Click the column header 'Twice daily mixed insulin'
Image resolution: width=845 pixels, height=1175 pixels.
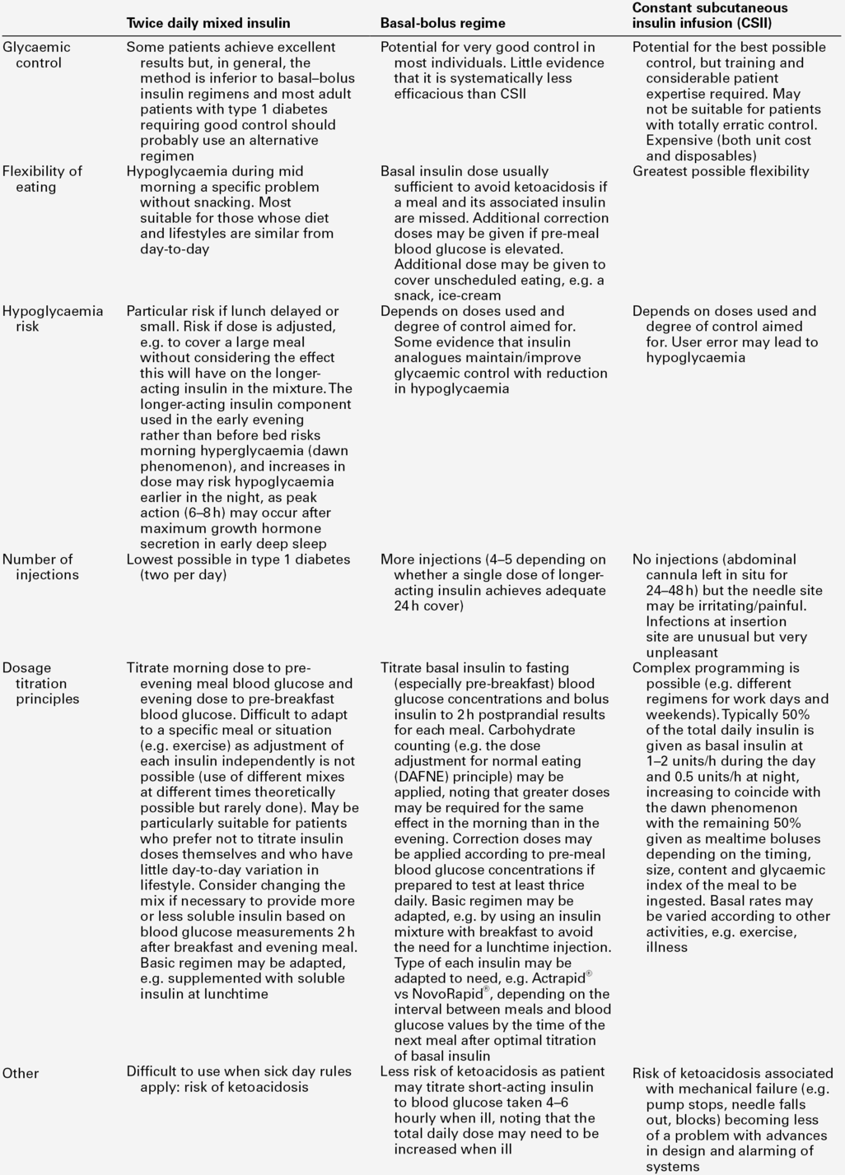click(x=208, y=23)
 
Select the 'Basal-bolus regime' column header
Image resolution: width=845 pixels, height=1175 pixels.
click(x=442, y=23)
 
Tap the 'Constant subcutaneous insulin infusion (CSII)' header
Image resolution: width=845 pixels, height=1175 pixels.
click(x=709, y=16)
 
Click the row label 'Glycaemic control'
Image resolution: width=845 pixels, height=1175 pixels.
click(x=36, y=55)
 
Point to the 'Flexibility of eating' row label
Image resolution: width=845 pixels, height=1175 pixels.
click(x=42, y=179)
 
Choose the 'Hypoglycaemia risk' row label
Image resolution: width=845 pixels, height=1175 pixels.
click(x=52, y=318)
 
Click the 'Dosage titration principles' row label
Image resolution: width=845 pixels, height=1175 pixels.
click(x=40, y=683)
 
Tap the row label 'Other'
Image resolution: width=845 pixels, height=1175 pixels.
click(x=21, y=1073)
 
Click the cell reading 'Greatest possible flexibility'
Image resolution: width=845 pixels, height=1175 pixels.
click(x=721, y=171)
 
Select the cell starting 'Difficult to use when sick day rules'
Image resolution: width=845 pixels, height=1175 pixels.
click(x=239, y=1071)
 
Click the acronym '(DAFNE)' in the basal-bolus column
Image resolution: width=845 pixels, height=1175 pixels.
click(x=425, y=777)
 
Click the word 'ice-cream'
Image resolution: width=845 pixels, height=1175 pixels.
click(x=469, y=295)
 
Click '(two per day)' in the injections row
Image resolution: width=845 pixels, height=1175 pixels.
click(x=183, y=575)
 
